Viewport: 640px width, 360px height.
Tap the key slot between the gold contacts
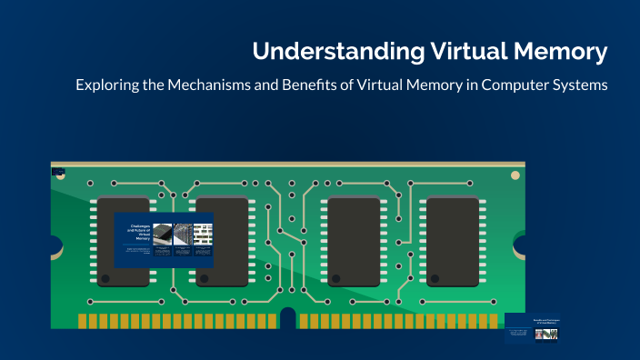coord(287,319)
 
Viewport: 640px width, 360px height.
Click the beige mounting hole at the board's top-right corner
coord(515,174)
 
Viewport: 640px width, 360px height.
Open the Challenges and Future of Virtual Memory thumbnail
coord(164,240)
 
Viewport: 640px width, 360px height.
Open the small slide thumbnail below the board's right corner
coord(532,329)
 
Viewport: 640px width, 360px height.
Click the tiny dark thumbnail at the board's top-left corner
coord(58,171)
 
